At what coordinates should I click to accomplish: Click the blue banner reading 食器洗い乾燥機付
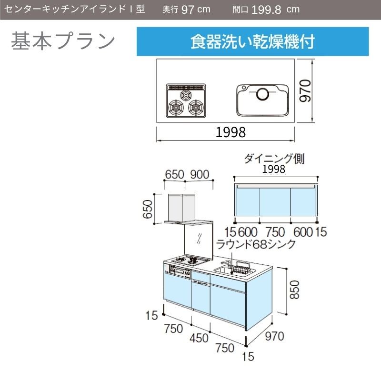tap(253, 41)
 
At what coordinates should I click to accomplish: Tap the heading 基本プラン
tap(63, 41)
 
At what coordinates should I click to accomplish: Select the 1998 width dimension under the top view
tap(231, 132)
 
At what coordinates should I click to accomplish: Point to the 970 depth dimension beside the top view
tap(305, 90)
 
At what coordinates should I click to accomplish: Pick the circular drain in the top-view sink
tap(263, 94)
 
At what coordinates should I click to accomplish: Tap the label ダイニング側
tap(274, 159)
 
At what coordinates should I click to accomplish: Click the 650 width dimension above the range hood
tap(174, 174)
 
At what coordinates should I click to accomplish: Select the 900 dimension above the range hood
tap(200, 174)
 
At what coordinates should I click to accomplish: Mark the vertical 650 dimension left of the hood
tap(148, 209)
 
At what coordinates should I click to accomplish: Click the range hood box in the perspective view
tap(182, 208)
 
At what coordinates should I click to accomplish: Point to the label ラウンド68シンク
tap(256, 244)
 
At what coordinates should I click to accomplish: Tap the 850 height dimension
tap(294, 290)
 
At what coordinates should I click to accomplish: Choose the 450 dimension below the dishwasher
tap(199, 338)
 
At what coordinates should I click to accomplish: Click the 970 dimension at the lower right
tap(275, 336)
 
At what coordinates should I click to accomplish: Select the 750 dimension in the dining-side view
tap(275, 232)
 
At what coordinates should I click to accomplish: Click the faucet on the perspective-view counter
tap(226, 264)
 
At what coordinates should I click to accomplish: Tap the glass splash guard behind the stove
tap(199, 241)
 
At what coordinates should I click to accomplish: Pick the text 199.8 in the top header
tap(266, 10)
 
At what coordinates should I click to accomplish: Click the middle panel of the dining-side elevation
tap(275, 202)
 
